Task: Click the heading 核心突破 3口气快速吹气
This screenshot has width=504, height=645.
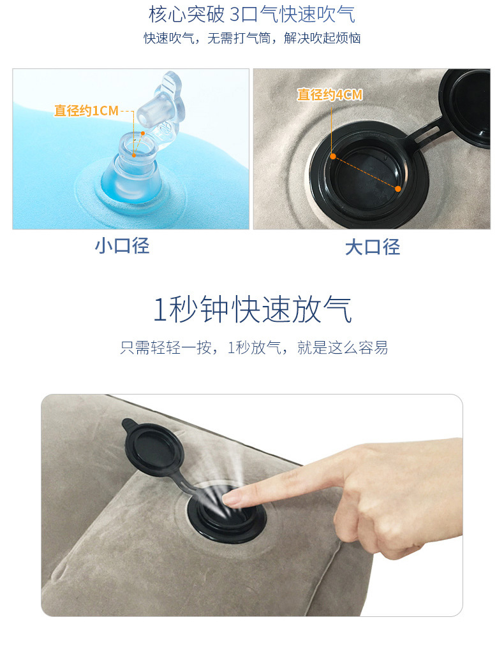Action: (251, 15)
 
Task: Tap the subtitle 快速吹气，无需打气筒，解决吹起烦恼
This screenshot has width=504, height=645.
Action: (252, 38)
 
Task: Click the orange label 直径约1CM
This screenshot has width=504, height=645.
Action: (87, 111)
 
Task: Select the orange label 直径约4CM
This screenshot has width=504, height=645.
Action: (330, 94)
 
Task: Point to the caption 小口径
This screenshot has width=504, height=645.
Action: (122, 246)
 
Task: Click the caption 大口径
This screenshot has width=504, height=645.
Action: (373, 247)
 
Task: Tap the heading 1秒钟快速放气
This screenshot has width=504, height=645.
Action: (252, 309)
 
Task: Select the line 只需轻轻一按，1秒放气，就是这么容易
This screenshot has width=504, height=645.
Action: (254, 347)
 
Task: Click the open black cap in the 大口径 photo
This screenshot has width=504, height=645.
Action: (465, 106)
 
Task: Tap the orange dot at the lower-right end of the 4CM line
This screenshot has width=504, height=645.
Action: (397, 189)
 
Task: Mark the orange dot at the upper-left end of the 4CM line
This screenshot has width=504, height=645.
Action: (333, 156)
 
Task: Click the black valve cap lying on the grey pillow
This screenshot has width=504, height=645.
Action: (153, 448)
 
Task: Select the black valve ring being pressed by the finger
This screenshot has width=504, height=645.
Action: (226, 515)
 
